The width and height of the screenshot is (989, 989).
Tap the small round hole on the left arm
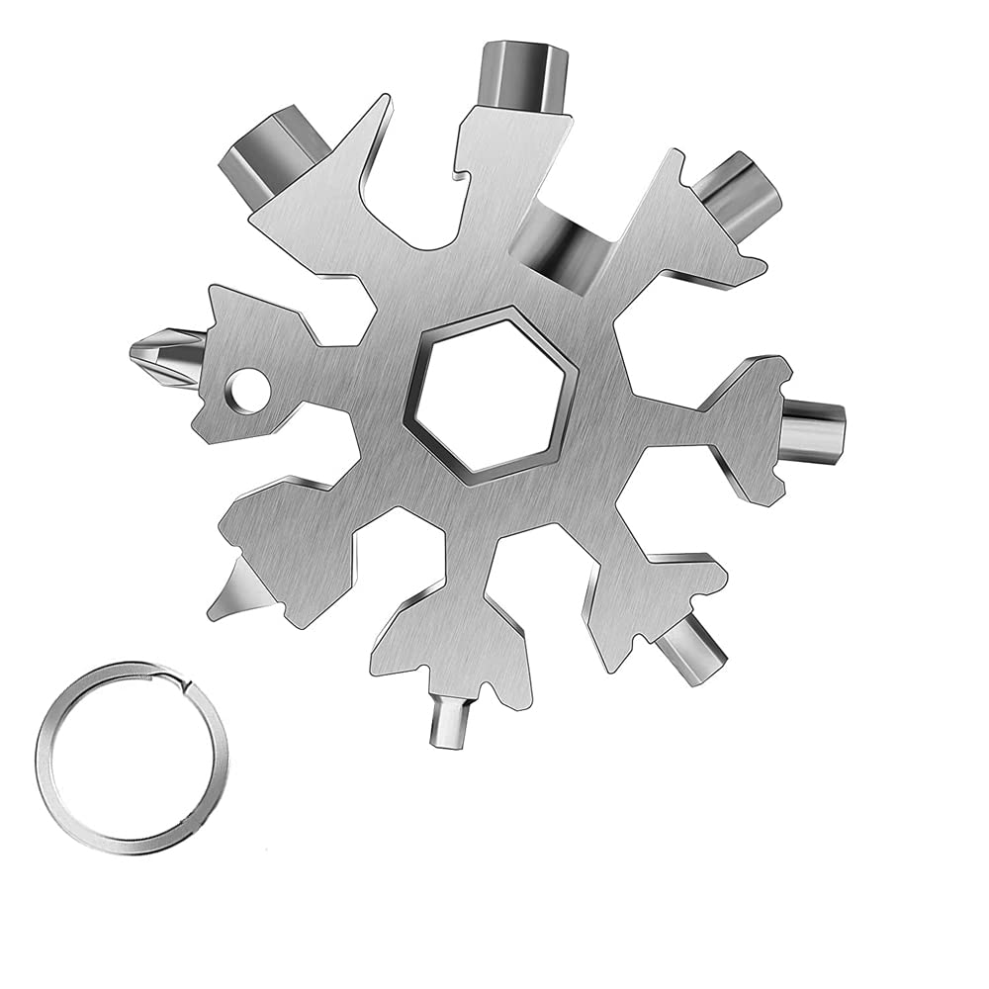(247, 385)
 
